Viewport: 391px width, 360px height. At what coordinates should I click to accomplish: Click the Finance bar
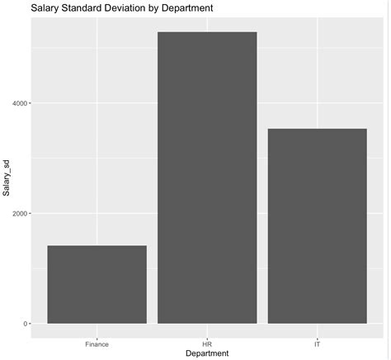click(97, 285)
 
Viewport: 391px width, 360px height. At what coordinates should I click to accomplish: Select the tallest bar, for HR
click(207, 178)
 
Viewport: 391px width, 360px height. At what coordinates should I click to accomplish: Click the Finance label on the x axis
click(97, 342)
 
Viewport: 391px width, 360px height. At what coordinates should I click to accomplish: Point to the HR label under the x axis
click(207, 342)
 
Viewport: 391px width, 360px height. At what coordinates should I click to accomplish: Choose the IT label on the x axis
click(318, 342)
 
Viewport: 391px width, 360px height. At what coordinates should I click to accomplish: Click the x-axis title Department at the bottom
click(207, 353)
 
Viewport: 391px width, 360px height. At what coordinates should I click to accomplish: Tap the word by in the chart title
click(165, 7)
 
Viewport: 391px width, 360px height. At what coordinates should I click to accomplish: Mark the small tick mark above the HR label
click(207, 335)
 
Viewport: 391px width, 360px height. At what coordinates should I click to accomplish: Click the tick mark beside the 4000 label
click(29, 103)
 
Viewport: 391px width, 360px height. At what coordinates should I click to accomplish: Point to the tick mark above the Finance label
click(97, 335)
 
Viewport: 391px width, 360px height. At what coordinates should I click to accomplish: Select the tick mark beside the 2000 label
click(29, 213)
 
